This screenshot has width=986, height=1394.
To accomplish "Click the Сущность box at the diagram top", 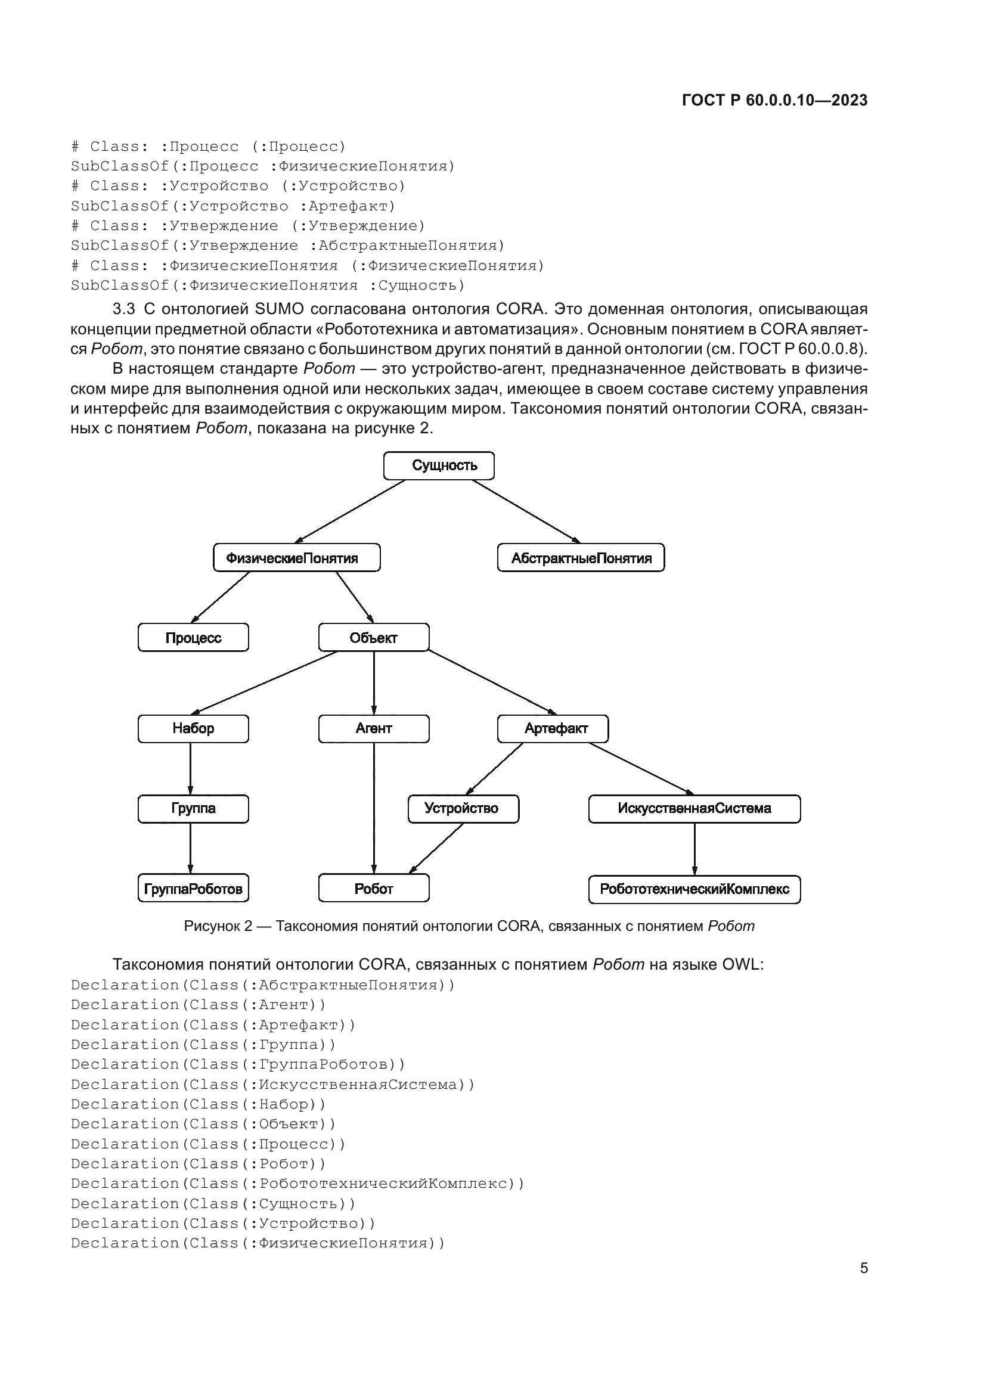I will coord(439,465).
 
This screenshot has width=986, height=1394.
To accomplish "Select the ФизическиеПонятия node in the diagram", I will coord(296,557).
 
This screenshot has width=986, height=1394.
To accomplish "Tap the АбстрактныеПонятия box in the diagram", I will coord(581,557).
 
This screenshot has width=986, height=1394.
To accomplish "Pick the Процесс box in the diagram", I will coord(193,638).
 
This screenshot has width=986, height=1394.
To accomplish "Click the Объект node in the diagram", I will coord(373,638).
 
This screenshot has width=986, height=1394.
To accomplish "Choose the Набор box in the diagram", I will coord(193,728).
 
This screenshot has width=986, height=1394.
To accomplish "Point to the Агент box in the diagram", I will coord(373,728).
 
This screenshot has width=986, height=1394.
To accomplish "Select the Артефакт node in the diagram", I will coord(553,728).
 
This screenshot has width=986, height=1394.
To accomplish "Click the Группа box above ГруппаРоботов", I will coord(193,808).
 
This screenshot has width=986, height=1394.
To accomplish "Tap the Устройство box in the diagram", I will coord(463,808).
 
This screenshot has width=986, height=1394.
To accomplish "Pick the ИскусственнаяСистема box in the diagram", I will coord(694,808).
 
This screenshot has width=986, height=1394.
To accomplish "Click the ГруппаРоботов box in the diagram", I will coord(193,889).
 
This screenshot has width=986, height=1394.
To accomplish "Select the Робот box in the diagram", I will coord(373,889).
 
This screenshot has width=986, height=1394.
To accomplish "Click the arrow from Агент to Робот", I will coord(373,808).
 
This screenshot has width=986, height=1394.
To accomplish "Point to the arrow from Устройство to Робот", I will coord(437,848).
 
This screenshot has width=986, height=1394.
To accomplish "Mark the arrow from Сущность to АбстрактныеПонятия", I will coord(526,511).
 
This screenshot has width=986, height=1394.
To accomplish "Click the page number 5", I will coord(863,1268).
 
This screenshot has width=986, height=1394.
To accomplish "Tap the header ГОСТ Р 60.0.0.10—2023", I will coord(775,100).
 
